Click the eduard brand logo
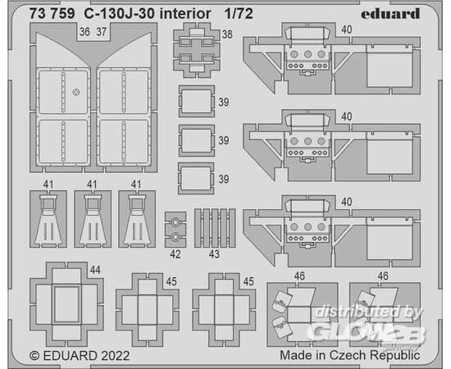390,13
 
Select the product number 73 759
52,13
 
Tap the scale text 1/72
239,13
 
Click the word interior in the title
185,13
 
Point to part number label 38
227,34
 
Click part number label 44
95,270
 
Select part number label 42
175,254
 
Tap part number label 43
214,254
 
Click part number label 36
84,32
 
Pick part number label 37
101,32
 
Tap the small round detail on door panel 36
76,92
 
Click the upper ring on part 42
175,222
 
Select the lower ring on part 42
175,237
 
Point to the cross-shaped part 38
197,51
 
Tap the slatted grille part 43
215,228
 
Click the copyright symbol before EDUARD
34,356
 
